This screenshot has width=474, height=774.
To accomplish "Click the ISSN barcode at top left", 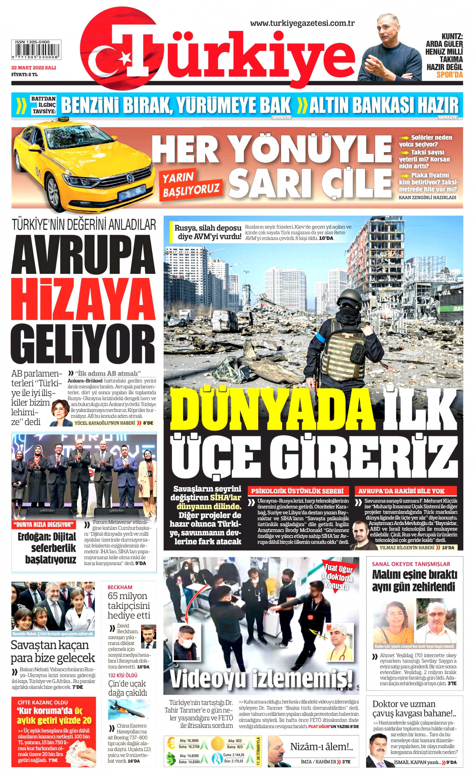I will click(x=36, y=50).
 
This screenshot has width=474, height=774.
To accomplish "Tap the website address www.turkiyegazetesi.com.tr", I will click(x=302, y=23).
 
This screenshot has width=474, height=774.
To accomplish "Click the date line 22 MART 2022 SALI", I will click(x=33, y=68).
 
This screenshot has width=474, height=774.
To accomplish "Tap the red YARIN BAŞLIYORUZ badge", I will click(x=191, y=185).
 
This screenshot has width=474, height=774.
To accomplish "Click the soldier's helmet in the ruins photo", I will click(x=349, y=297).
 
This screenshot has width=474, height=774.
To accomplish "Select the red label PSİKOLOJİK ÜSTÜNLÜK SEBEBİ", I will click(x=297, y=491).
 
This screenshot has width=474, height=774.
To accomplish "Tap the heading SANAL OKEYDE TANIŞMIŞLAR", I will click(x=411, y=564).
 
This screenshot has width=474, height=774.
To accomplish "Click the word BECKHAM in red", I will click(x=120, y=587).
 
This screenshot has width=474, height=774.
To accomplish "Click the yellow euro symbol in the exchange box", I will click(x=171, y=743).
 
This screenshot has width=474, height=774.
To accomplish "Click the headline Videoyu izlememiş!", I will click(x=261, y=679).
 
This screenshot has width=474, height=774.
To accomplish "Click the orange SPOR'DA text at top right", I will click(x=450, y=75).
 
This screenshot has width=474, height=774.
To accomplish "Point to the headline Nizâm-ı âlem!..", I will click(x=321, y=747).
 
